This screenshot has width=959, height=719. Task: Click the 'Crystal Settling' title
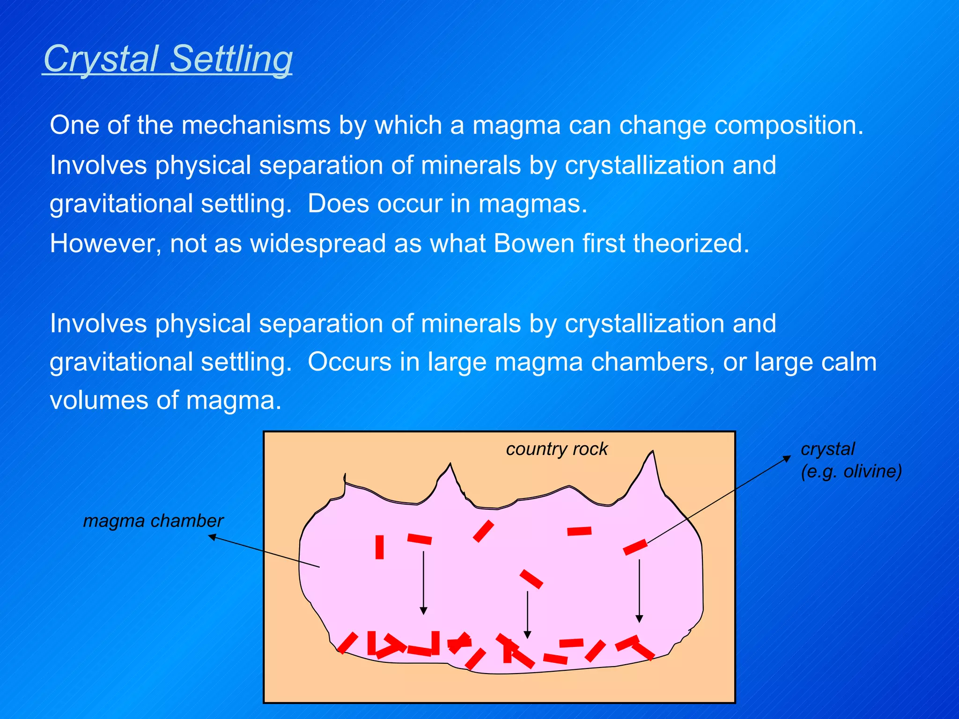pyautogui.click(x=168, y=59)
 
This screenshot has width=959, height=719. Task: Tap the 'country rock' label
pyautogui.click(x=556, y=449)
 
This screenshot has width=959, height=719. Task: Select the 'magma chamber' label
pyautogui.click(x=153, y=521)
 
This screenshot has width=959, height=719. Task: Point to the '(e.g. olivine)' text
pyautogui.click(x=851, y=471)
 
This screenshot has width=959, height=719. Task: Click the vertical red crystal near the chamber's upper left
pyautogui.click(x=379, y=547)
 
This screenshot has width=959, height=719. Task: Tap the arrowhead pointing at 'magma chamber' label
pyautogui.click(x=212, y=537)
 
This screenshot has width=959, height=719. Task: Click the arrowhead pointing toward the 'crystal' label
pyautogui.click(x=787, y=459)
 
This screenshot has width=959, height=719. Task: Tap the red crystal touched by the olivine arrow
pyautogui.click(x=635, y=547)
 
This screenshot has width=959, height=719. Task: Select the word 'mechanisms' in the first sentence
pyautogui.click(x=256, y=125)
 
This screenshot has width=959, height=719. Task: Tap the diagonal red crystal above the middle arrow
pyautogui.click(x=531, y=579)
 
